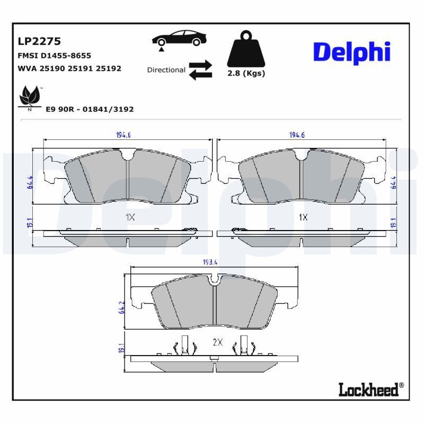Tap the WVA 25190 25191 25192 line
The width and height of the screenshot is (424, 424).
tap(69, 68)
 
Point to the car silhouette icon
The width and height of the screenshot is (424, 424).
tap(179, 40)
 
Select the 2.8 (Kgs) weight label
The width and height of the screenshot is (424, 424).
tap(246, 74)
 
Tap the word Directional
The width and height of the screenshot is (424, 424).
tap(166, 70)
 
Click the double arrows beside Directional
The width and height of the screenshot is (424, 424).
tap(200, 70)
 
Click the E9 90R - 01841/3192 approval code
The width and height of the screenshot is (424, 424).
tap(90, 109)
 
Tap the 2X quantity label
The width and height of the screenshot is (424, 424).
tap(217, 342)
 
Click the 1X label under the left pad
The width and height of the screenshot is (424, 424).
tap(130, 217)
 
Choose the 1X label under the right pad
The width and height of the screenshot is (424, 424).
tap(303, 217)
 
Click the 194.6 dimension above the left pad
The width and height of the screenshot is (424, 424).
tap(123, 135)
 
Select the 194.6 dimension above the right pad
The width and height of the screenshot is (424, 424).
tap(297, 135)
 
